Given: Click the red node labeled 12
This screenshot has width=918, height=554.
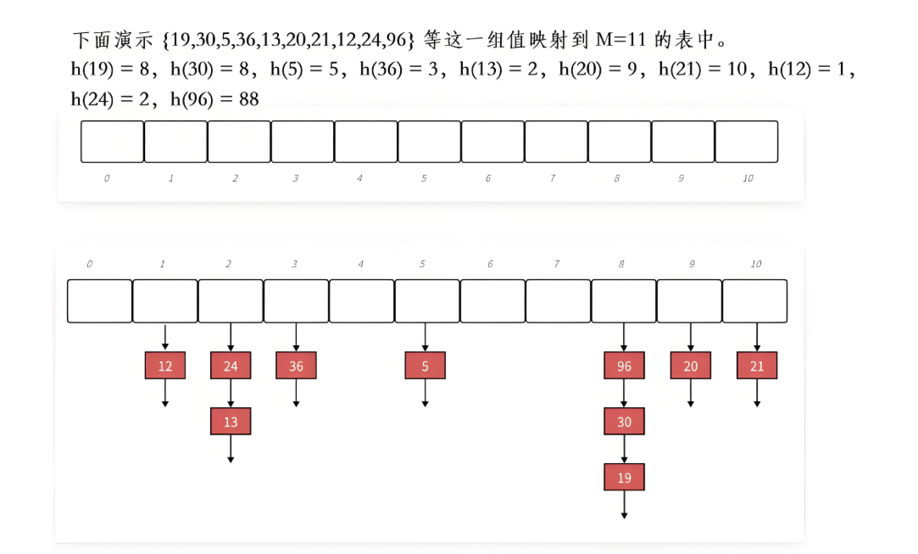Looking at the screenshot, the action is click(x=165, y=366).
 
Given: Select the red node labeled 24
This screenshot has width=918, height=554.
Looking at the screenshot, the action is click(x=231, y=366).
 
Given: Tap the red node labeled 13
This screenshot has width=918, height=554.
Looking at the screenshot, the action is click(x=231, y=422).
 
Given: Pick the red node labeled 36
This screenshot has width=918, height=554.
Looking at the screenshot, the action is click(x=296, y=366).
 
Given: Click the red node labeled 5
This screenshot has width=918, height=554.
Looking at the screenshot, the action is click(x=425, y=366).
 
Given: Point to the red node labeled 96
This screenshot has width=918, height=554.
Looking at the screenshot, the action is click(x=624, y=366).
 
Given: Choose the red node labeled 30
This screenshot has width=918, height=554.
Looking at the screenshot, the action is click(x=624, y=422).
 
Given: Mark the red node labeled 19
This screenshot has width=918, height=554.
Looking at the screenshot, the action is click(x=624, y=478).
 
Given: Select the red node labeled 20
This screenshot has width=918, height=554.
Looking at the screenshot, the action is click(x=691, y=366).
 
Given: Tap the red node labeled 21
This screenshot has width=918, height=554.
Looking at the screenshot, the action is click(x=757, y=366).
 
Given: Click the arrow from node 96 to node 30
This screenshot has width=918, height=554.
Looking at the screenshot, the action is click(x=624, y=394).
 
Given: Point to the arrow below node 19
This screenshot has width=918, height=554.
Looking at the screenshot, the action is click(x=624, y=504).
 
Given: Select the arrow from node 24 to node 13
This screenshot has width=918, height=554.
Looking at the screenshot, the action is click(x=231, y=394).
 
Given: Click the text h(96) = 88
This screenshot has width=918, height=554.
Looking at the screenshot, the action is click(x=214, y=99).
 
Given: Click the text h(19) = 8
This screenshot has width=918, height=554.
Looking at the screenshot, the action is click(x=114, y=70).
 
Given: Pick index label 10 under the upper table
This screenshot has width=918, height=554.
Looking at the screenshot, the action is click(x=748, y=179).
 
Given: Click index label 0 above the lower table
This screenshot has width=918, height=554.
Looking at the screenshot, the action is click(x=89, y=265).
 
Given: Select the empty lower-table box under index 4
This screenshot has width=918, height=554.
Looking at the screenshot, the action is click(x=361, y=300).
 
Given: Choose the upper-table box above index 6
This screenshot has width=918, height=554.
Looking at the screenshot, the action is click(x=492, y=142).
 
